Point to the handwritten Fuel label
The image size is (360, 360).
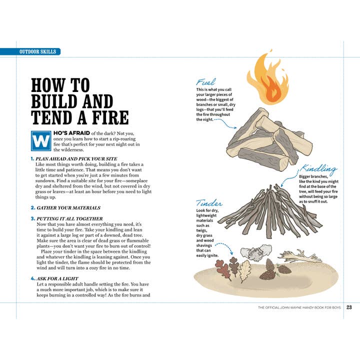pyautogui.click(x=206, y=82)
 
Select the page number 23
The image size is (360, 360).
pyautogui.click(x=349, y=307)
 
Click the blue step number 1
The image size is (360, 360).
pyautogui.click(x=32, y=158)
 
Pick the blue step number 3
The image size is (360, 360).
pyautogui.click(x=32, y=218)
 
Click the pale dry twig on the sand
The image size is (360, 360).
pyautogui.click(x=300, y=256)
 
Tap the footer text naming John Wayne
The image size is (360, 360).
pyautogui.click(x=299, y=307)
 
